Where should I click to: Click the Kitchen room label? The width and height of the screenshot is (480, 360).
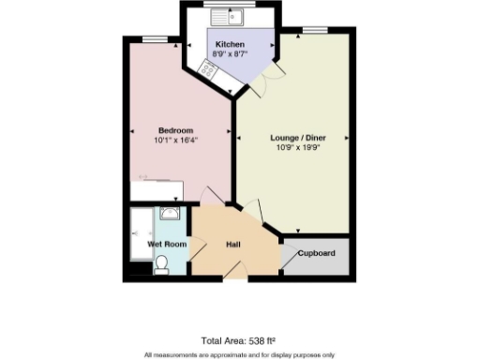tap(230, 45)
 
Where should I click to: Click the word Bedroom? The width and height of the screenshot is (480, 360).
tap(175, 129)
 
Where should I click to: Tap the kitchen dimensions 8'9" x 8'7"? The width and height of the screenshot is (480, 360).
tap(230, 55)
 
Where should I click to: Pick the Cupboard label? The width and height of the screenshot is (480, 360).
tap(316, 253)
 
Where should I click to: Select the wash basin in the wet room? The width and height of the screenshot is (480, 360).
tap(170, 215)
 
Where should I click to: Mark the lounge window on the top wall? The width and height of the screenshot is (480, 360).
tap(315, 29)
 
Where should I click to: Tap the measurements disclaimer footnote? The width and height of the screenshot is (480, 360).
tap(238, 354)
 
